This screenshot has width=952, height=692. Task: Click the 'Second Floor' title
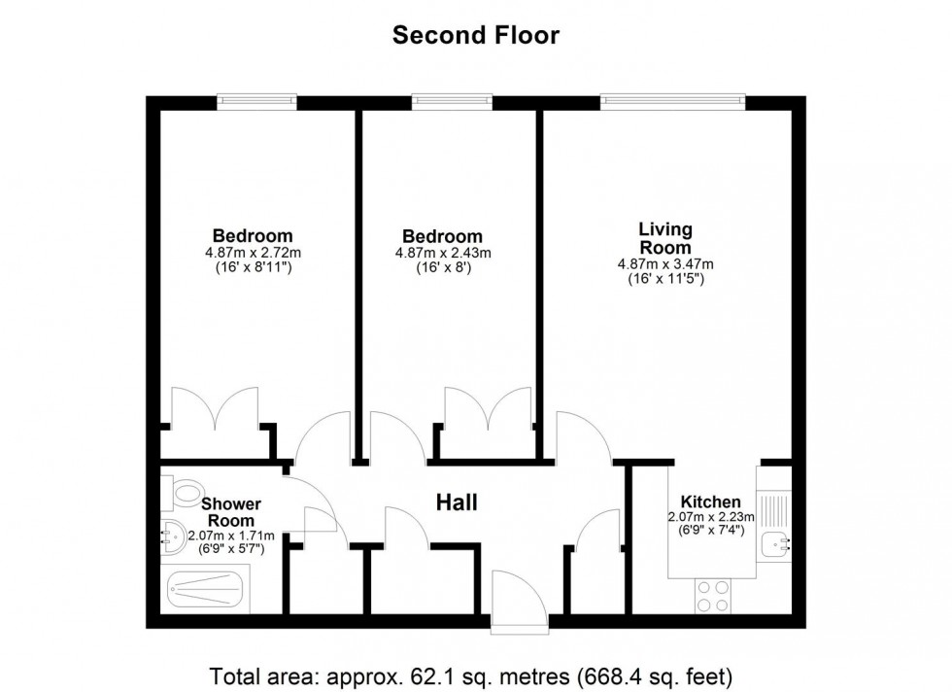click(x=475, y=36)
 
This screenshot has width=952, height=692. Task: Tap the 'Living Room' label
click(x=665, y=238)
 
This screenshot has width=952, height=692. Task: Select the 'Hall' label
click(x=456, y=502)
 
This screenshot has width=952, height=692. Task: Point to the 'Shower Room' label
click(x=231, y=511)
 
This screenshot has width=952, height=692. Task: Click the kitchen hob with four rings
click(x=713, y=594)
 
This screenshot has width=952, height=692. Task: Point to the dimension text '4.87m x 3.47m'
click(x=665, y=264)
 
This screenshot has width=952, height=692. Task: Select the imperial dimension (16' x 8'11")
click(x=253, y=267)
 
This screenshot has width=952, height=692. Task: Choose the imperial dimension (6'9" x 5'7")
click(x=231, y=549)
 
